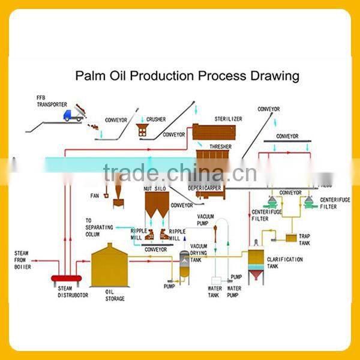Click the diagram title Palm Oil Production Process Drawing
click(187, 76)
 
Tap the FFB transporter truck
click(73, 114)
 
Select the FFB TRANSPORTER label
click(52, 101)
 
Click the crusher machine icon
click(143, 129)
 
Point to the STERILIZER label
click(229, 119)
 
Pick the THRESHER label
click(220, 146)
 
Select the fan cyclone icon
click(118, 192)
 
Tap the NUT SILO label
click(155, 188)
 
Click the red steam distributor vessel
click(67, 279)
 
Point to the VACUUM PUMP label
click(206, 219)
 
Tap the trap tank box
click(291, 238)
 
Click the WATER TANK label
click(215, 291)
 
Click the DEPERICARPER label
click(205, 188)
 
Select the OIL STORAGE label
click(115, 295)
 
